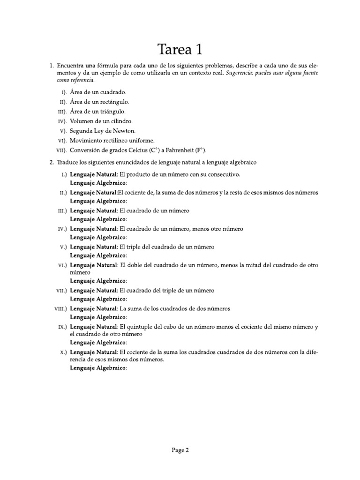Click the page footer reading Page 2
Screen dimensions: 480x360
click(x=180, y=450)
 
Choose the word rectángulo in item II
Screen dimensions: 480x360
click(x=112, y=101)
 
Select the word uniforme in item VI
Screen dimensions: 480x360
click(x=140, y=141)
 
